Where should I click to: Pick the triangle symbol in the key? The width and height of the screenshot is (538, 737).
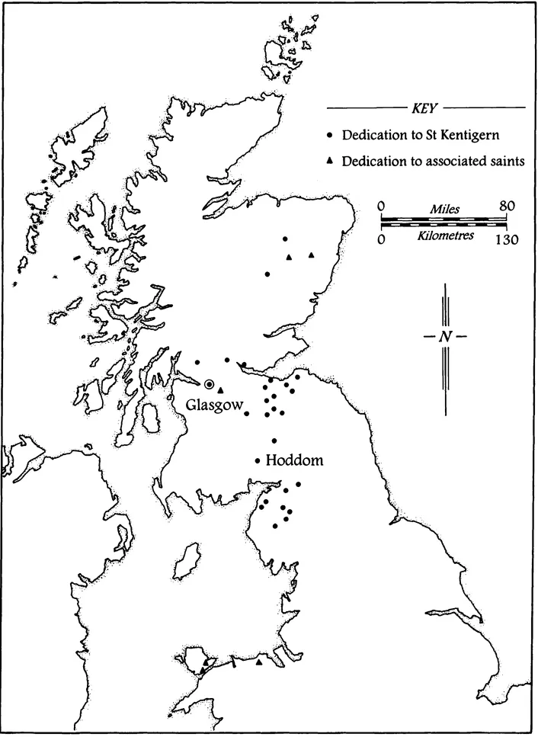coord(330,162)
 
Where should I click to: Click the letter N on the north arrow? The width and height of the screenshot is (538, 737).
coord(444,337)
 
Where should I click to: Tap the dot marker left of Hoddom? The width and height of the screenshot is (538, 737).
coord(258,460)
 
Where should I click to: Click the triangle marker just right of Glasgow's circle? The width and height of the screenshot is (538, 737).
coord(220,389)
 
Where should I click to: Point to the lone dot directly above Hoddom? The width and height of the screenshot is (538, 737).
coord(274,441)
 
